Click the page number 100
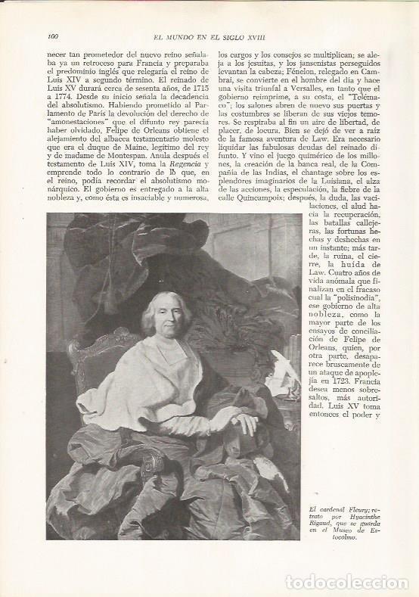click(x=53, y=35)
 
